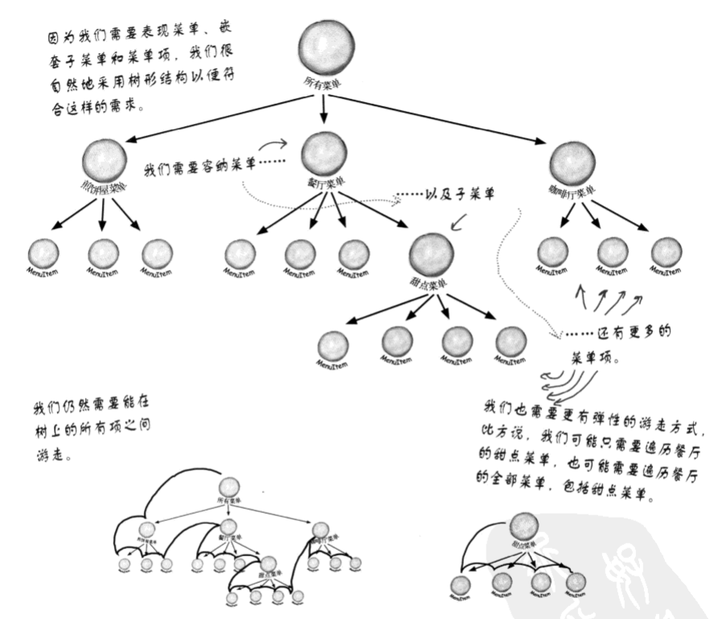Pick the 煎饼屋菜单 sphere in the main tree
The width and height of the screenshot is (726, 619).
[104, 160]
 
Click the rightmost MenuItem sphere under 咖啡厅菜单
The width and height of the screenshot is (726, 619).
[667, 252]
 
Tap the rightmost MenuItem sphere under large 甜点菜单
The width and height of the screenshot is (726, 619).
[510, 342]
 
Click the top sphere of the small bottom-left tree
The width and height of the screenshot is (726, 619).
[230, 488]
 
